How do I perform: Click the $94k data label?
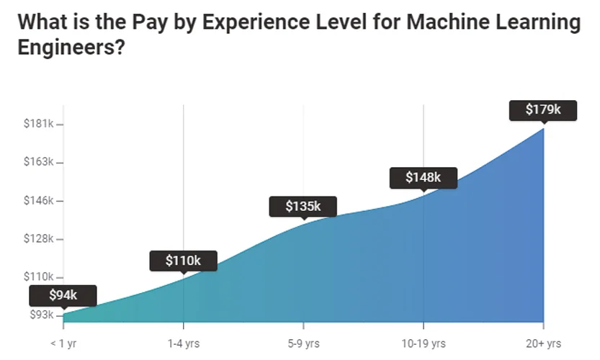click(x=63, y=295)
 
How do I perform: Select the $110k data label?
click(x=183, y=261)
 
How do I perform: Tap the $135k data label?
click(x=303, y=207)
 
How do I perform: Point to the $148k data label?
click(x=423, y=177)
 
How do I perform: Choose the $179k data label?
click(x=542, y=110)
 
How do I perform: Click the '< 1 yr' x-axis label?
click(x=63, y=343)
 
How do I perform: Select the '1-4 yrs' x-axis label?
click(x=183, y=343)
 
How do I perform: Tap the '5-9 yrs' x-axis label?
click(x=303, y=343)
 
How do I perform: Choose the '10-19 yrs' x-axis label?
click(x=423, y=343)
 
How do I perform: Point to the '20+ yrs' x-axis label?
click(x=542, y=343)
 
